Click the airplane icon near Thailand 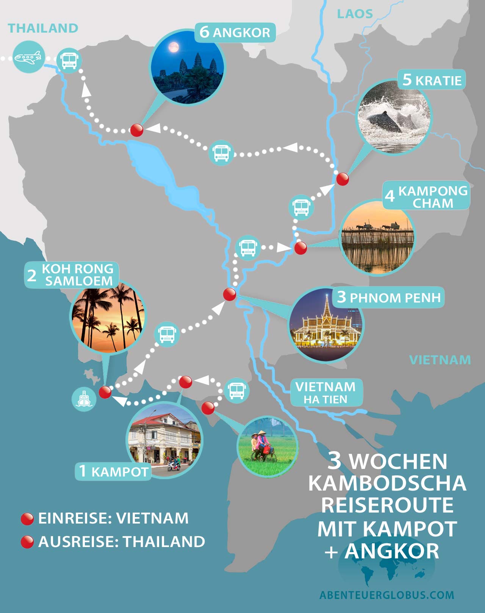coord(28,57)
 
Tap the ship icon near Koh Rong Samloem coord(84,399)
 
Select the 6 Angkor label coord(235,33)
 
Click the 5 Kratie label coord(432,80)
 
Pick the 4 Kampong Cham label coord(426,196)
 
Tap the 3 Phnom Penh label coord(389,297)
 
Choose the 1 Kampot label coord(113,471)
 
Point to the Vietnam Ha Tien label coord(326,393)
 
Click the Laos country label coord(355,14)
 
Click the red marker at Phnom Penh coord(229,294)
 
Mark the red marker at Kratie coord(343,179)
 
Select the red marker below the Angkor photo coord(136,130)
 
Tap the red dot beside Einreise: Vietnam coord(27,519)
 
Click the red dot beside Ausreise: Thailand coord(27,542)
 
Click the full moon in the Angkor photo coord(174,47)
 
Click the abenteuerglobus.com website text coord(387,595)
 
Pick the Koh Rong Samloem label coord(72,275)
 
